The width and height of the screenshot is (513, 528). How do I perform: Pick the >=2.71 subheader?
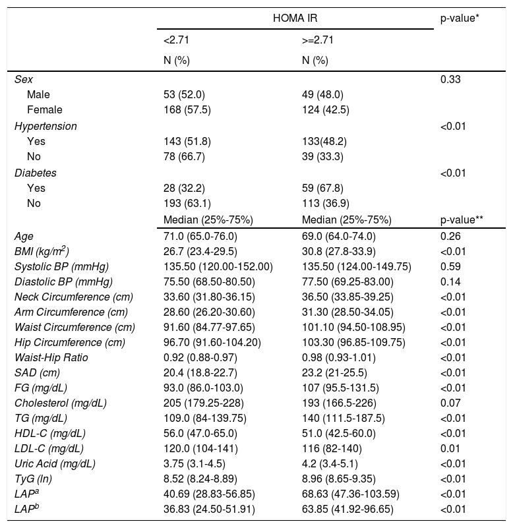[317, 40]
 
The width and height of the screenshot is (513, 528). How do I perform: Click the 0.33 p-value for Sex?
[450, 80]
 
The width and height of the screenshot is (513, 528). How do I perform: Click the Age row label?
[23, 235]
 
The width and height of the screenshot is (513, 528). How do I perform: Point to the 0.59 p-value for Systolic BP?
[450, 266]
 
